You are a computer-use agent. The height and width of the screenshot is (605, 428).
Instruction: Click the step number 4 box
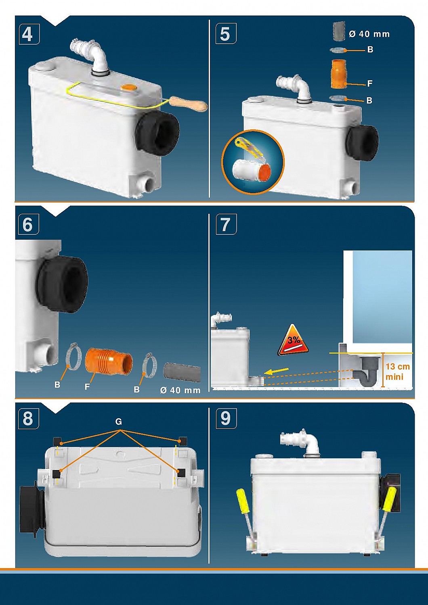[x=29, y=34]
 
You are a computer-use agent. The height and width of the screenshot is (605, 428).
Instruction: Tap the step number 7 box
[x=226, y=224]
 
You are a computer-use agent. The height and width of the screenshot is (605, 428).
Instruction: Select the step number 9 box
[x=226, y=418]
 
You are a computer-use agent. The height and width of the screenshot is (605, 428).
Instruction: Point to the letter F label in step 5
[x=369, y=84]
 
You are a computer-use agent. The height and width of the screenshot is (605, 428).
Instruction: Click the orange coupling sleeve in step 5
[x=339, y=74]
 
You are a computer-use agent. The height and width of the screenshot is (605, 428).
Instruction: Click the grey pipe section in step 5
[x=339, y=31]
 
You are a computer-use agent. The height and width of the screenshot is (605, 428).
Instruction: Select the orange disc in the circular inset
[x=266, y=173]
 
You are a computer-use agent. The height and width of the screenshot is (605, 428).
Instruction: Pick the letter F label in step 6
[x=87, y=387]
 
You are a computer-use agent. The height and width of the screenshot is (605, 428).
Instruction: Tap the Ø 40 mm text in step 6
[x=180, y=390]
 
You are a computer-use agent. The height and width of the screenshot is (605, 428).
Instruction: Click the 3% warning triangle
[x=294, y=340]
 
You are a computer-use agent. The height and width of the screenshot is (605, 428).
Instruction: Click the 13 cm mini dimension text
[x=397, y=371]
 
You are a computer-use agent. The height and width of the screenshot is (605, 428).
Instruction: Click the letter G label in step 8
[x=118, y=421]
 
